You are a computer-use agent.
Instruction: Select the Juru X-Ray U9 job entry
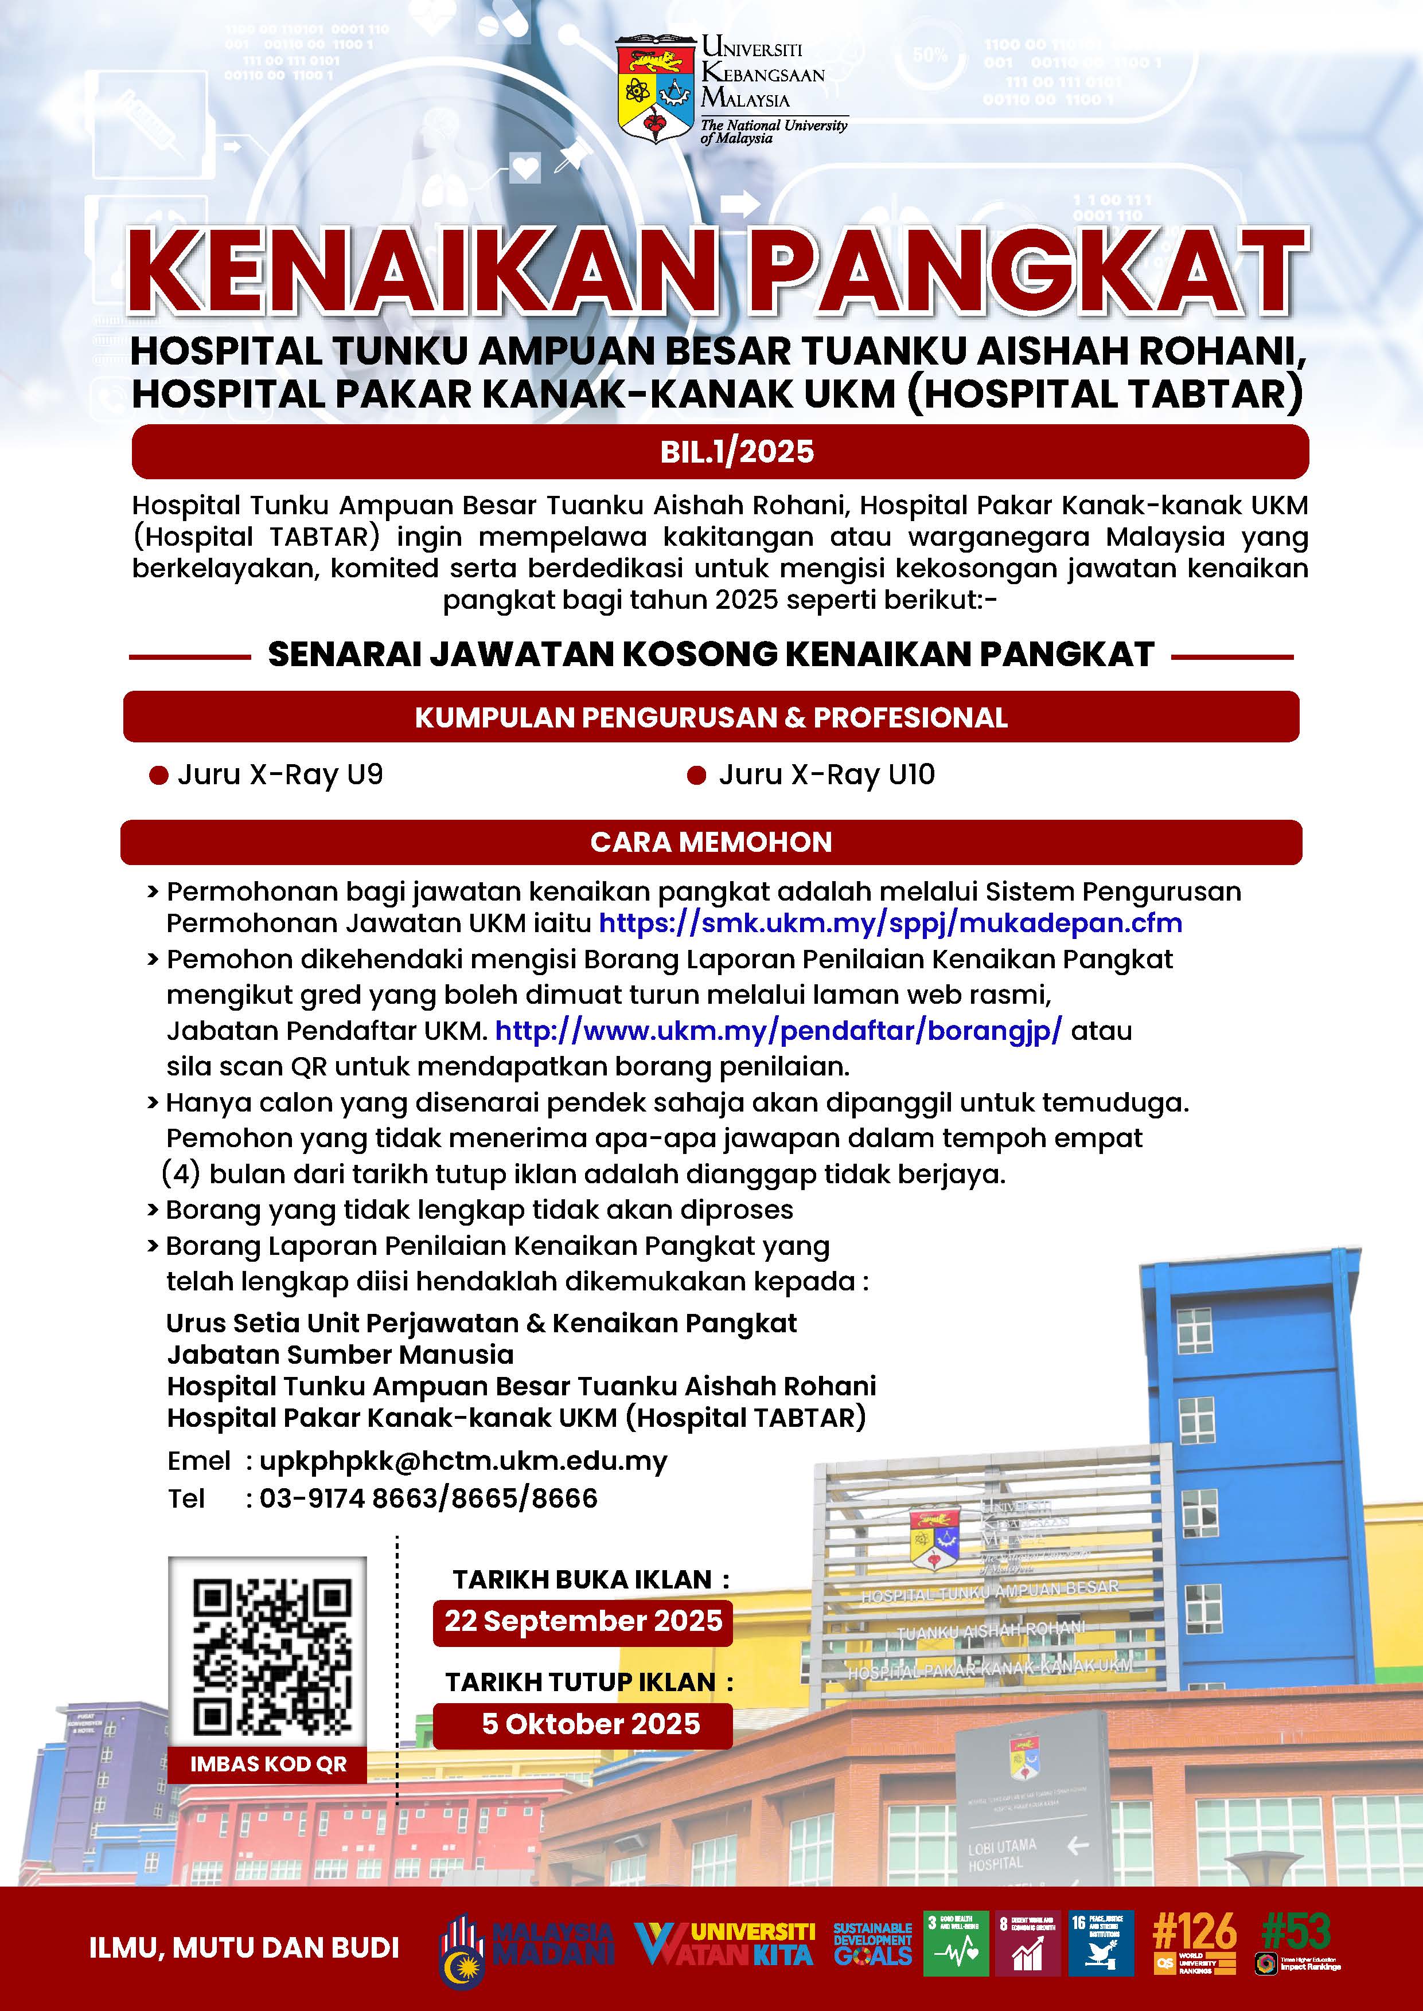click(x=279, y=775)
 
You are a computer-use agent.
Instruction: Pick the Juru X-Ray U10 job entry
click(x=826, y=775)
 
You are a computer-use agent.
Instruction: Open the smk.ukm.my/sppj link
click(x=890, y=923)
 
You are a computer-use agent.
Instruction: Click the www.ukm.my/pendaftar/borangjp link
click(x=778, y=1031)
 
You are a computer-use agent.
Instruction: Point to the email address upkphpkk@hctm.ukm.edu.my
click(x=463, y=1461)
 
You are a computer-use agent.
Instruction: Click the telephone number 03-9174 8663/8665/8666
click(x=428, y=1499)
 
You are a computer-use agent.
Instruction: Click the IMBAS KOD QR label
click(x=268, y=1764)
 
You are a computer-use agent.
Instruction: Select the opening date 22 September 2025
click(x=583, y=1621)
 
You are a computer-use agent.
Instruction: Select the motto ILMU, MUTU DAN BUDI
click(x=244, y=1948)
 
